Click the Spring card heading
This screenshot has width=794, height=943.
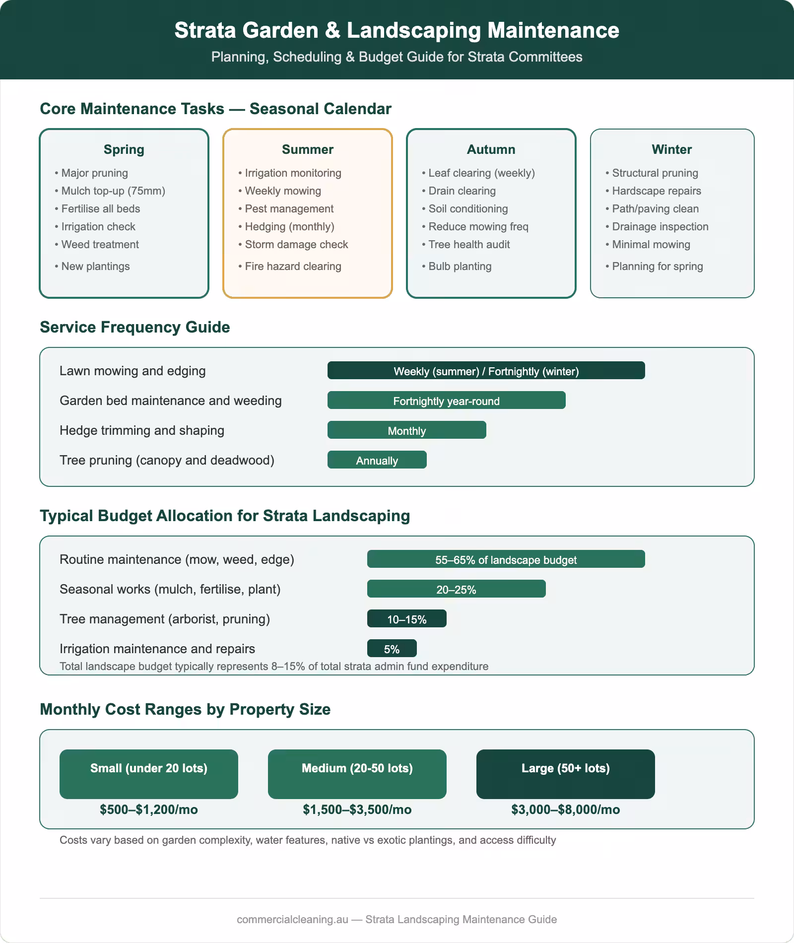point(124,149)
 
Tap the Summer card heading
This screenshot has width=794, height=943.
point(307,149)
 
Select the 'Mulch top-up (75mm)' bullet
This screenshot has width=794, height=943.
point(113,191)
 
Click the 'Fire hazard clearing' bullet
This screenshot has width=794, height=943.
point(293,267)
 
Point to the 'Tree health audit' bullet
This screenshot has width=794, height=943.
point(469,245)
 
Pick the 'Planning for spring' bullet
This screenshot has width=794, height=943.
point(657,267)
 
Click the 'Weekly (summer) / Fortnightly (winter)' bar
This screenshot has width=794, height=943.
point(486,371)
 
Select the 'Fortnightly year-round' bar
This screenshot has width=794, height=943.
point(446,401)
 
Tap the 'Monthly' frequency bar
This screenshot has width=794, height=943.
point(406,430)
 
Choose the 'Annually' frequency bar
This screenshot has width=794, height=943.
point(377,460)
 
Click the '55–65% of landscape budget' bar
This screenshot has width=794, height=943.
point(506,559)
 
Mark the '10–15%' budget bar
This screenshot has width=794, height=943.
point(406,619)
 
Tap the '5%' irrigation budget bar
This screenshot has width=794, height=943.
point(392,649)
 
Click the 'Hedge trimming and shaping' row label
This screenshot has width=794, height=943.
point(142,430)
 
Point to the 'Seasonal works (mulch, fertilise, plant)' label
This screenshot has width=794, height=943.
point(170,589)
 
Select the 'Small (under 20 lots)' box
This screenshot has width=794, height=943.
point(148,774)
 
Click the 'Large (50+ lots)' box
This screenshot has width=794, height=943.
point(565,774)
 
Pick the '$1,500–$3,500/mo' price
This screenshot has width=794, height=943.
point(357,810)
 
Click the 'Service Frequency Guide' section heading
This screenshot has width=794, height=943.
point(135,327)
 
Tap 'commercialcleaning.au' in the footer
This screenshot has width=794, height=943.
point(292,919)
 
